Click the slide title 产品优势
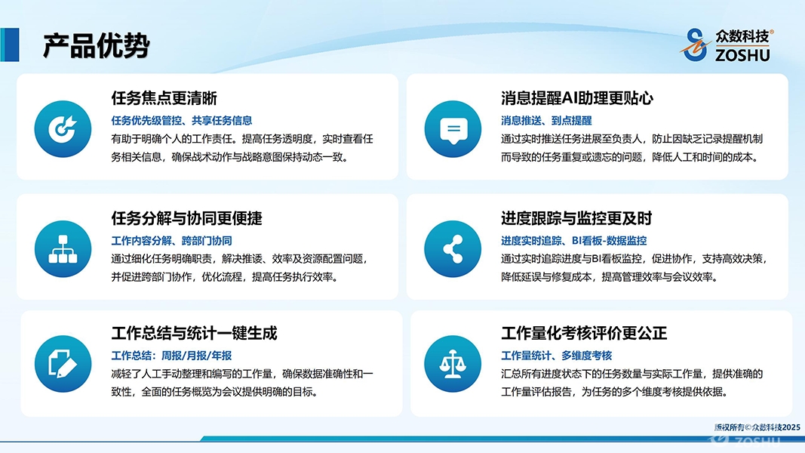pyautogui.click(x=96, y=45)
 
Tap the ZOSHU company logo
pyautogui.click(x=727, y=45)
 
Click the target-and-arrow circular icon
pyautogui.click(x=63, y=129)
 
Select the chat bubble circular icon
pyautogui.click(x=453, y=129)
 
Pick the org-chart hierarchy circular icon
pyautogui.click(x=63, y=249)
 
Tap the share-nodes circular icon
pyautogui.click(x=453, y=249)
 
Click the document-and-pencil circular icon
pyautogui.click(x=63, y=364)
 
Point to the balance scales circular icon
pyautogui.click(x=453, y=364)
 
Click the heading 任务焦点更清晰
pyautogui.click(x=164, y=97)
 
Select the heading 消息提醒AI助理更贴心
pyautogui.click(x=577, y=97)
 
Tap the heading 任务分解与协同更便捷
pyautogui.click(x=187, y=218)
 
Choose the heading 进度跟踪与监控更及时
pyautogui.click(x=576, y=218)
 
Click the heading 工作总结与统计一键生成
pyautogui.click(x=194, y=333)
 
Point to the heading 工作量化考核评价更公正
pyautogui.click(x=584, y=333)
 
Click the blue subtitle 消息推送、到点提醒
pyautogui.click(x=546, y=121)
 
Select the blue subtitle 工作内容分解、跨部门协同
pyautogui.click(x=171, y=240)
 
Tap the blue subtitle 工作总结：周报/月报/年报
pyautogui.click(x=171, y=356)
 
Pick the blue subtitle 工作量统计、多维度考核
pyautogui.click(x=557, y=356)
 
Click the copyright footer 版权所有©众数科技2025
pyautogui.click(x=757, y=427)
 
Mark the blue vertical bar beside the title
pyautogui.click(x=10, y=45)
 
